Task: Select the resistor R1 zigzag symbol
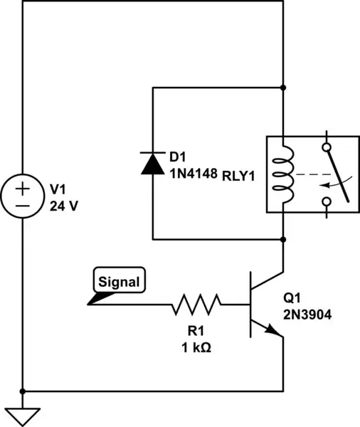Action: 196,305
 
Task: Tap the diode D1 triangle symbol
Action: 153,163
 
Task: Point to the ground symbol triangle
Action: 23,416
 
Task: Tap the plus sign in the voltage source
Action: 23,188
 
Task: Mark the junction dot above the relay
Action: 284,88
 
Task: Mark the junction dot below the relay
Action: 284,239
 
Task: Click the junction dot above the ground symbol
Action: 23,391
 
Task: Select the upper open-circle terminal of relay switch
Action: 326,148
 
